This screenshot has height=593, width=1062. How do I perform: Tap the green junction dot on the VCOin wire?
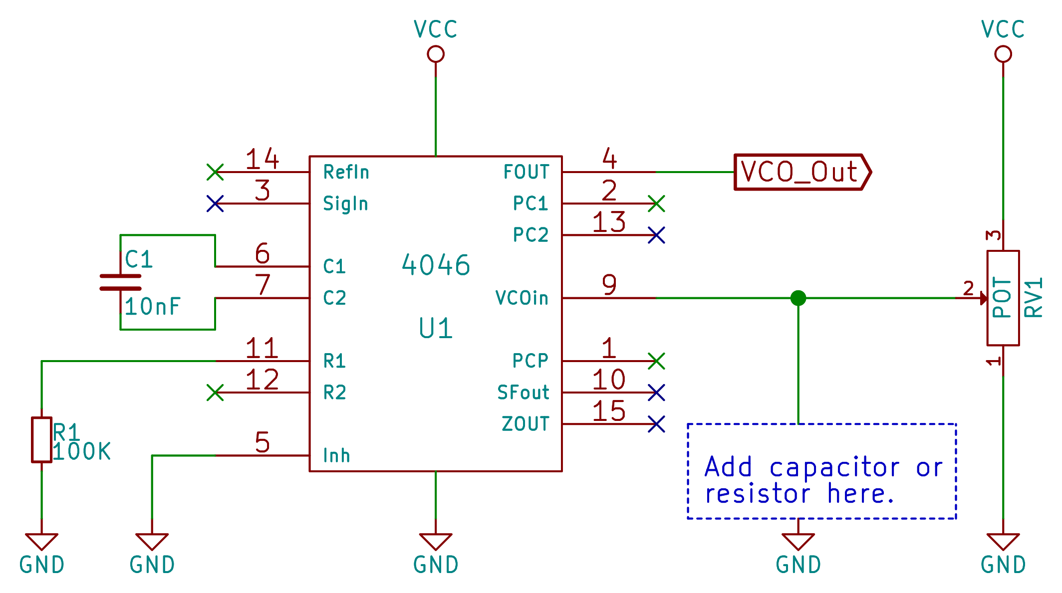click(x=798, y=298)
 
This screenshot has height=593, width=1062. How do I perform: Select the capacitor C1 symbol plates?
click(x=120, y=282)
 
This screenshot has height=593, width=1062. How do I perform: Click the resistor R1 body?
click(x=41, y=440)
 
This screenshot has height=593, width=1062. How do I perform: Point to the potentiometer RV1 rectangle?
click(x=1003, y=298)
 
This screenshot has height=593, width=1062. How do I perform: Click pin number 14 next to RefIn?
click(x=262, y=159)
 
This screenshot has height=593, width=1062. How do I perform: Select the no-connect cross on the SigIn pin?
click(x=215, y=203)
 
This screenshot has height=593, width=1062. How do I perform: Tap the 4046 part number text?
click(x=436, y=265)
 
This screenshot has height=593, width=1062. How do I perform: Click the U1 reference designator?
click(x=436, y=329)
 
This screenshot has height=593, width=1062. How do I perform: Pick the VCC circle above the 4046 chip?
click(x=436, y=54)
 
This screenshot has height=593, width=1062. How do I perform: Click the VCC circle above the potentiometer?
click(x=1003, y=54)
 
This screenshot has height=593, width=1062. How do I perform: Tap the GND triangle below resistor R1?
click(x=41, y=541)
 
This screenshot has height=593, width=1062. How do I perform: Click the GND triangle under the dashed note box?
click(x=798, y=541)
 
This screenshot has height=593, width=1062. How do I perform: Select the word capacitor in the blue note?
click(x=834, y=468)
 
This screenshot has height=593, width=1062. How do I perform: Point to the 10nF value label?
click(x=152, y=307)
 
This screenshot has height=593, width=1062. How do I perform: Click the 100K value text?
click(x=81, y=452)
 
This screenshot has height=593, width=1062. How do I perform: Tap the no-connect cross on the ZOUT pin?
click(x=656, y=424)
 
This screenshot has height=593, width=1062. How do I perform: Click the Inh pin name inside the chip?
click(x=336, y=456)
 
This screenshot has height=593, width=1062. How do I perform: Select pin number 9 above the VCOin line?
click(x=609, y=285)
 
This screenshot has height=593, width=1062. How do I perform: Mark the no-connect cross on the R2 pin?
click(x=215, y=393)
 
